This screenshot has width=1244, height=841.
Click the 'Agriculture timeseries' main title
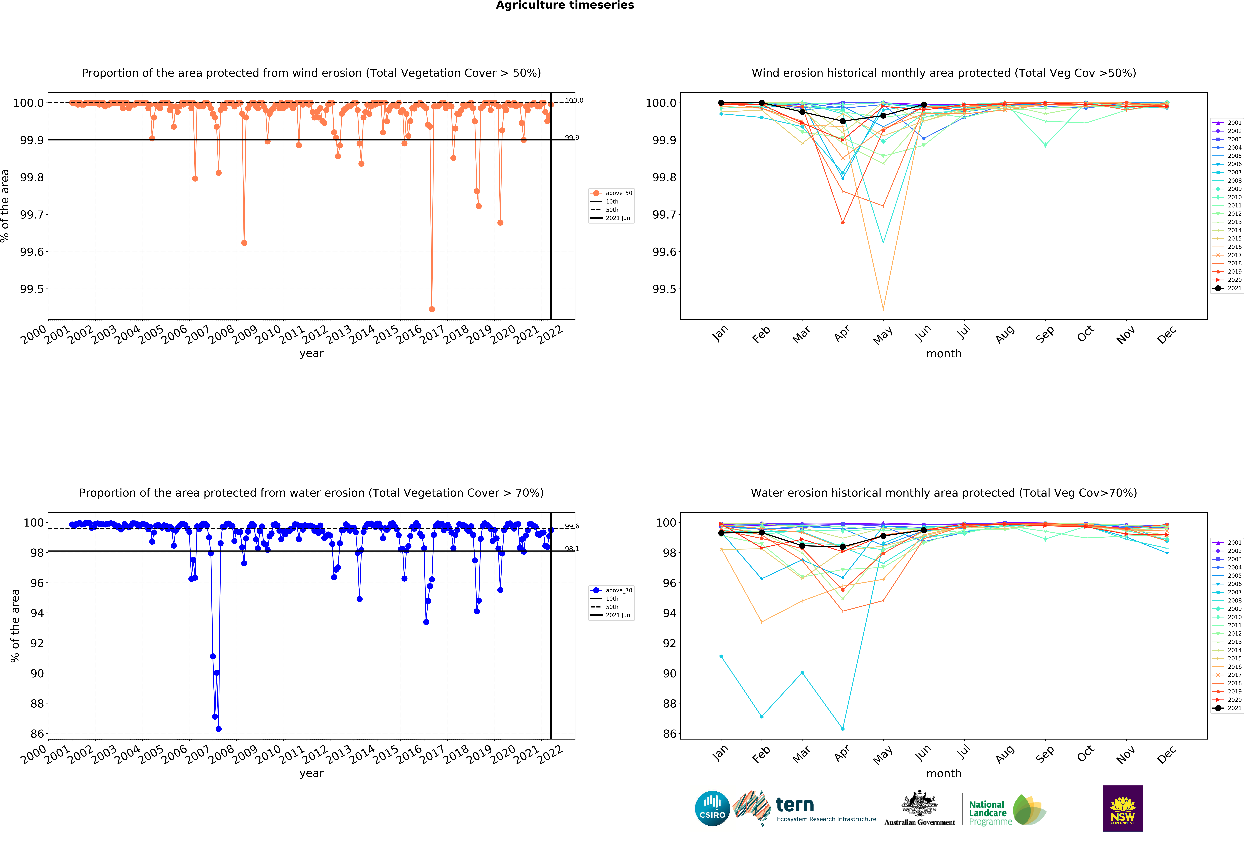tap(565, 5)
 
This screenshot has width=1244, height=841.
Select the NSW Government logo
tap(1123, 808)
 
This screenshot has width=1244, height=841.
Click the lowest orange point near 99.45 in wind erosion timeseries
tap(432, 309)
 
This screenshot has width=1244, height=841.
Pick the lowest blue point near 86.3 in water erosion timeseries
tap(218, 729)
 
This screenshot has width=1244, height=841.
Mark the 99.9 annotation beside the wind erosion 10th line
tap(572, 138)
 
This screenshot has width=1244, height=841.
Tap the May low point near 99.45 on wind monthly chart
tap(883, 309)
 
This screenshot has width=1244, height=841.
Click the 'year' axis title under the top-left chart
tap(311, 353)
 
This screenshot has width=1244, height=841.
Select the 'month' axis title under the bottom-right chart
tap(944, 774)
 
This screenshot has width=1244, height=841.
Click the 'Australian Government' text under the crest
tap(919, 822)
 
